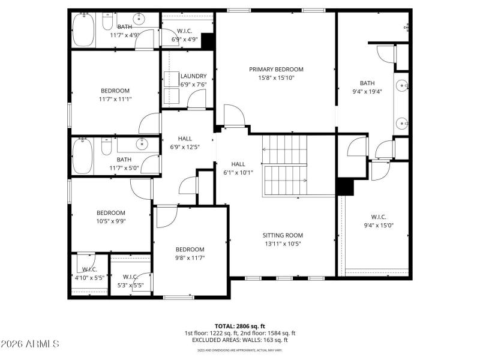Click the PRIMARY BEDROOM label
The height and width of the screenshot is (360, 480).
coord(276,69)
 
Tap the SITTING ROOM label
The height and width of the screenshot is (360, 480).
coord(283,235)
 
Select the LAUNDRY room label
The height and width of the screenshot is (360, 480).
coord(193,76)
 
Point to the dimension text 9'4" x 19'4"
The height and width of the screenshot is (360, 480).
coord(367,92)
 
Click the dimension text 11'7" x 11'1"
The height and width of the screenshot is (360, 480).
coord(115,100)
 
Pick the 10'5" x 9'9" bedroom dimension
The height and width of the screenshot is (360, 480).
coord(111,221)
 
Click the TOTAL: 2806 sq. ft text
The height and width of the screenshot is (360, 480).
coord(240,326)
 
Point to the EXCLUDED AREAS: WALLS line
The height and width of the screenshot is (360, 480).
coord(240,340)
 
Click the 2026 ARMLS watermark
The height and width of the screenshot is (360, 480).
coord(30,344)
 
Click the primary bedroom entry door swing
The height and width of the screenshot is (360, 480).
coord(234,115)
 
